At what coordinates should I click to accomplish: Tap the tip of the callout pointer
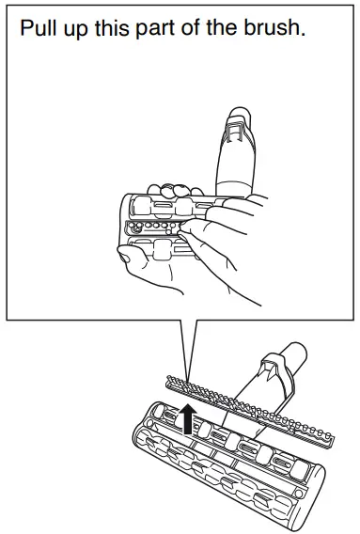pyautogui.click(x=189, y=384)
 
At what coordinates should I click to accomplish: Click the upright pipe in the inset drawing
pyautogui.click(x=239, y=155)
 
